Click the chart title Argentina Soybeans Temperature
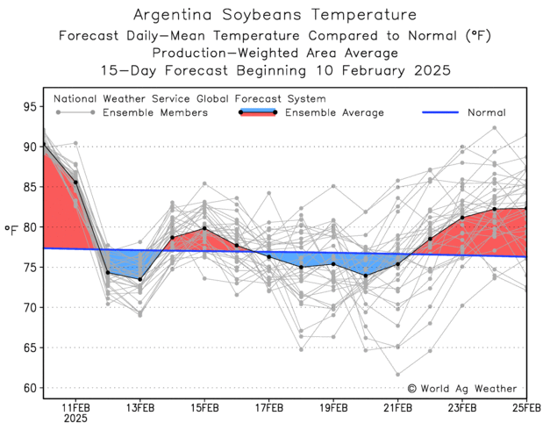(275, 16)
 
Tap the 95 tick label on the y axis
(28, 107)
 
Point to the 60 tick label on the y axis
(28, 388)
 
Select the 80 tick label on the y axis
(28, 227)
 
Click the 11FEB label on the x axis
(75, 407)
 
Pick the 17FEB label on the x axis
(268, 407)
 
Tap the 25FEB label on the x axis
(525, 407)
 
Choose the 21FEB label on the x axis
(397, 407)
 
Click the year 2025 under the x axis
(75, 419)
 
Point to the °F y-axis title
(11, 230)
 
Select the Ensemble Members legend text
(154, 112)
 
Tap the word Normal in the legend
(486, 112)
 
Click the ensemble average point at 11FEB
(75, 183)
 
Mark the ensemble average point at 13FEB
(140, 279)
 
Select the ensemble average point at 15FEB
(204, 228)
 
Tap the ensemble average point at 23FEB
(462, 217)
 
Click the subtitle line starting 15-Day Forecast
(275, 69)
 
